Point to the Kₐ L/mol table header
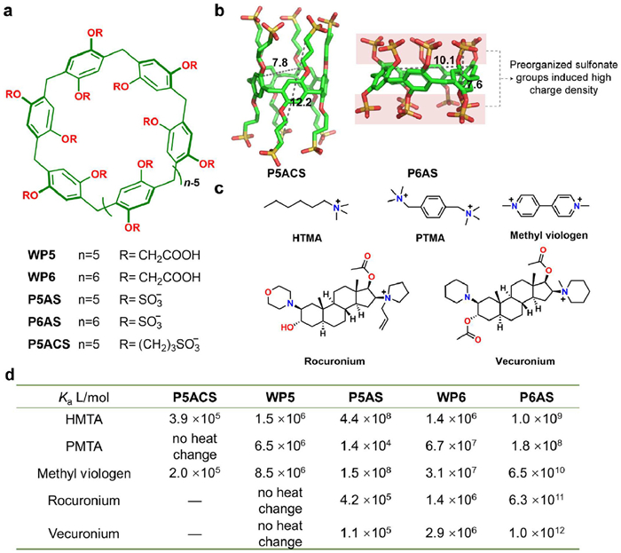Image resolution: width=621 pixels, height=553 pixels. click(78, 397)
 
